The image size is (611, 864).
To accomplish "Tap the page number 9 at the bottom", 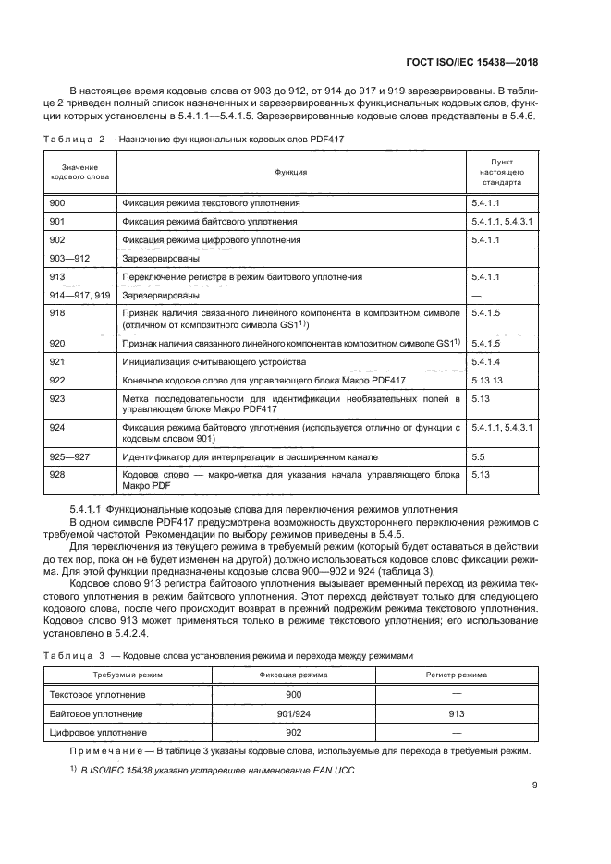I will (535, 786).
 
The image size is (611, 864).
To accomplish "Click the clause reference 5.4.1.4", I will (486, 361).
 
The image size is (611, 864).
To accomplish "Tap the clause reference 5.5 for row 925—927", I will (478, 456).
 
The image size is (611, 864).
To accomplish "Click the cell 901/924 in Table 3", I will (294, 714).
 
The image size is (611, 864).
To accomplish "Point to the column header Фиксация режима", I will (294, 676).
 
